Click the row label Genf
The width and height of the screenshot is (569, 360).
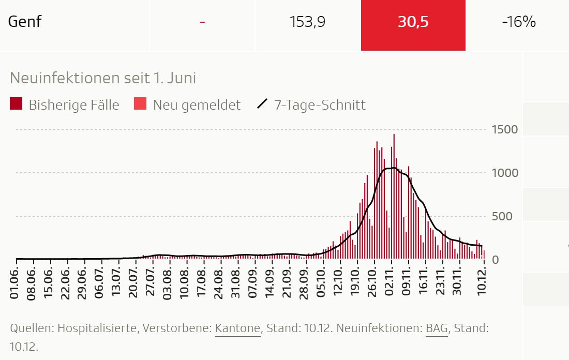tap(25, 22)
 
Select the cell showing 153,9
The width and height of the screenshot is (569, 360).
tap(307, 22)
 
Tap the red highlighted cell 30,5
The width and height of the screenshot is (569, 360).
tap(413, 22)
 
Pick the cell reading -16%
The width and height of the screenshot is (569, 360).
tap(518, 22)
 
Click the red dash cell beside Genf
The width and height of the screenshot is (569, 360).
tap(202, 22)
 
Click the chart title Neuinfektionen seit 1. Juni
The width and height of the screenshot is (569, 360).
tap(103, 78)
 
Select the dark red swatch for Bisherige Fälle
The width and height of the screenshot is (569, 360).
tap(16, 104)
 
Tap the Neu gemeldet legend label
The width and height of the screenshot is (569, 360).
tap(197, 105)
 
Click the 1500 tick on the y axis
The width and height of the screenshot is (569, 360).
tap(504, 129)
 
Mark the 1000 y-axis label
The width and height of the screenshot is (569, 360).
tap(504, 173)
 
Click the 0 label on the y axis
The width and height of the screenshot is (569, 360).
tap(495, 260)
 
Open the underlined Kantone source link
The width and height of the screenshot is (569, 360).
tap(238, 328)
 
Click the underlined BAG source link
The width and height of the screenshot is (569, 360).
tap(437, 328)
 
